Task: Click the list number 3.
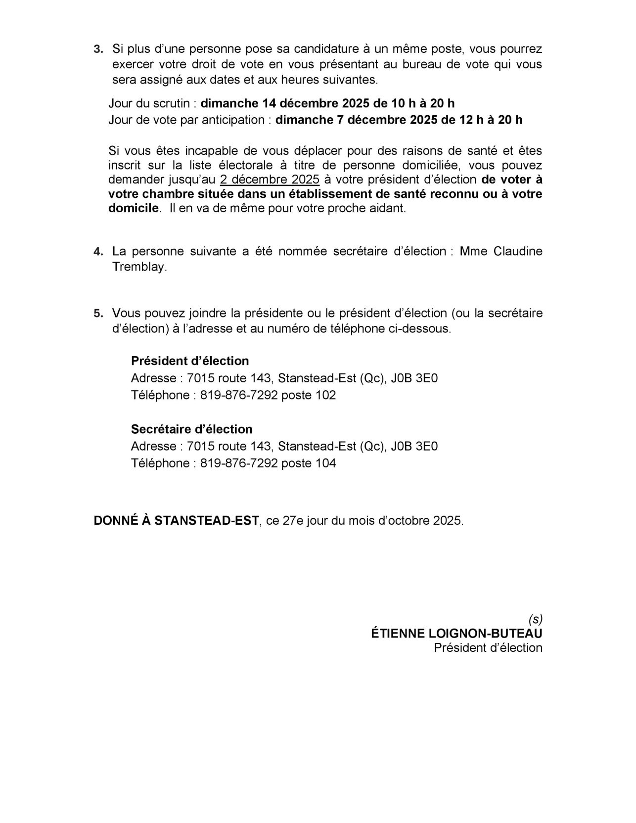pos(98,49)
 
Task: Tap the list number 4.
pos(98,252)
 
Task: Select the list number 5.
pos(98,314)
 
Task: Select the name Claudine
pos(518,251)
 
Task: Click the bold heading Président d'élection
pos(190,361)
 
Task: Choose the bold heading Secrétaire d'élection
pos(191,429)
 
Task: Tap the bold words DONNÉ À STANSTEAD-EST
pos(176,521)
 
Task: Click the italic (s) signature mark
pos(535,619)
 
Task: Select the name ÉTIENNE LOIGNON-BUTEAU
pos(456,634)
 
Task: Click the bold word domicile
pos(134,208)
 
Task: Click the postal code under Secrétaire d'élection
pos(414,447)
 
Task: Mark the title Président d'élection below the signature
pos(488,648)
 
